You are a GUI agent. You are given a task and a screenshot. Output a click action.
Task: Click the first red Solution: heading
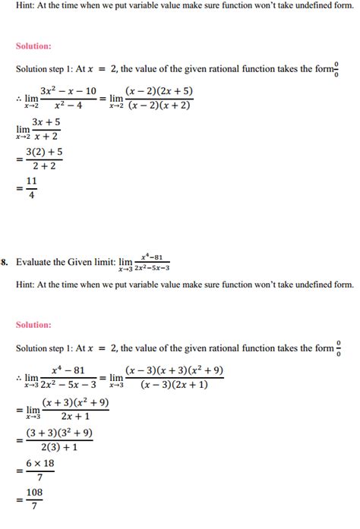[x=33, y=46]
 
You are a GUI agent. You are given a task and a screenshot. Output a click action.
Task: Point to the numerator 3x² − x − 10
[x=68, y=92]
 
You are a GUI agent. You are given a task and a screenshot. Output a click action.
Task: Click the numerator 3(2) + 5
[x=43, y=154]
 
